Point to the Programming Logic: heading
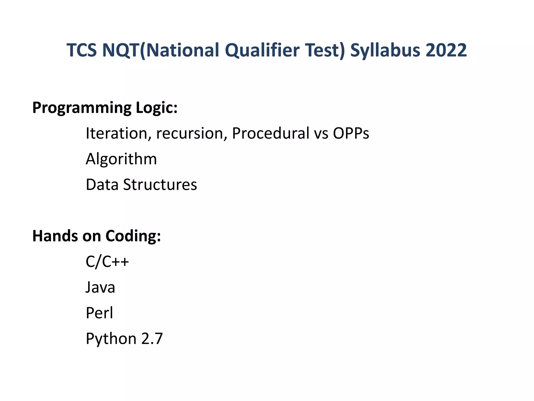pyautogui.click(x=105, y=108)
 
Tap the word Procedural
pyautogui.click(x=270, y=133)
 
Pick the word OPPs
pyautogui.click(x=351, y=133)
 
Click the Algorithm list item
pyautogui.click(x=121, y=159)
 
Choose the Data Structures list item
pyautogui.click(x=141, y=185)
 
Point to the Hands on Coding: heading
pyautogui.click(x=96, y=236)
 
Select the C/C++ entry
pyautogui.click(x=107, y=262)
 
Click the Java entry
pyautogui.click(x=100, y=287)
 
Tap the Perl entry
pyautogui.click(x=99, y=313)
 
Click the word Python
pyautogui.click(x=111, y=339)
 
